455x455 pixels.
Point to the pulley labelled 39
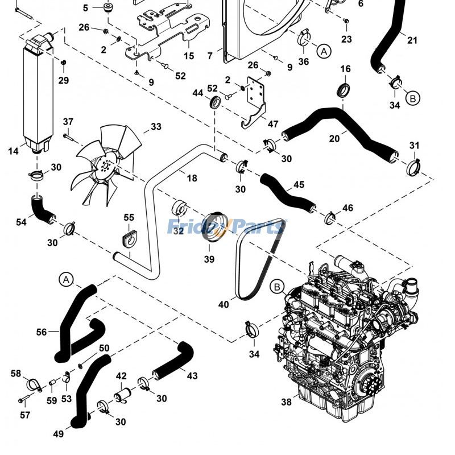pyautogui.click(x=216, y=226)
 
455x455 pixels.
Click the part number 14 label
pyautogui.click(x=13, y=151)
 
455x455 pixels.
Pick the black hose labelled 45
pyautogui.click(x=287, y=193)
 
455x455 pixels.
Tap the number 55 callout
pyautogui.click(x=129, y=217)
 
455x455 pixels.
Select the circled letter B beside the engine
pyautogui.click(x=277, y=287)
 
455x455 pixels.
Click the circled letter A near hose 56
pyautogui.click(x=66, y=280)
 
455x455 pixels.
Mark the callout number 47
pyautogui.click(x=273, y=124)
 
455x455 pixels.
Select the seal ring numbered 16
pyautogui.click(x=344, y=89)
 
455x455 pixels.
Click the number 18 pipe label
pyautogui.click(x=192, y=178)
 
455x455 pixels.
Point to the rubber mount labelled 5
pyautogui.click(x=109, y=7)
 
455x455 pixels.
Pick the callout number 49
pyautogui.click(x=59, y=434)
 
